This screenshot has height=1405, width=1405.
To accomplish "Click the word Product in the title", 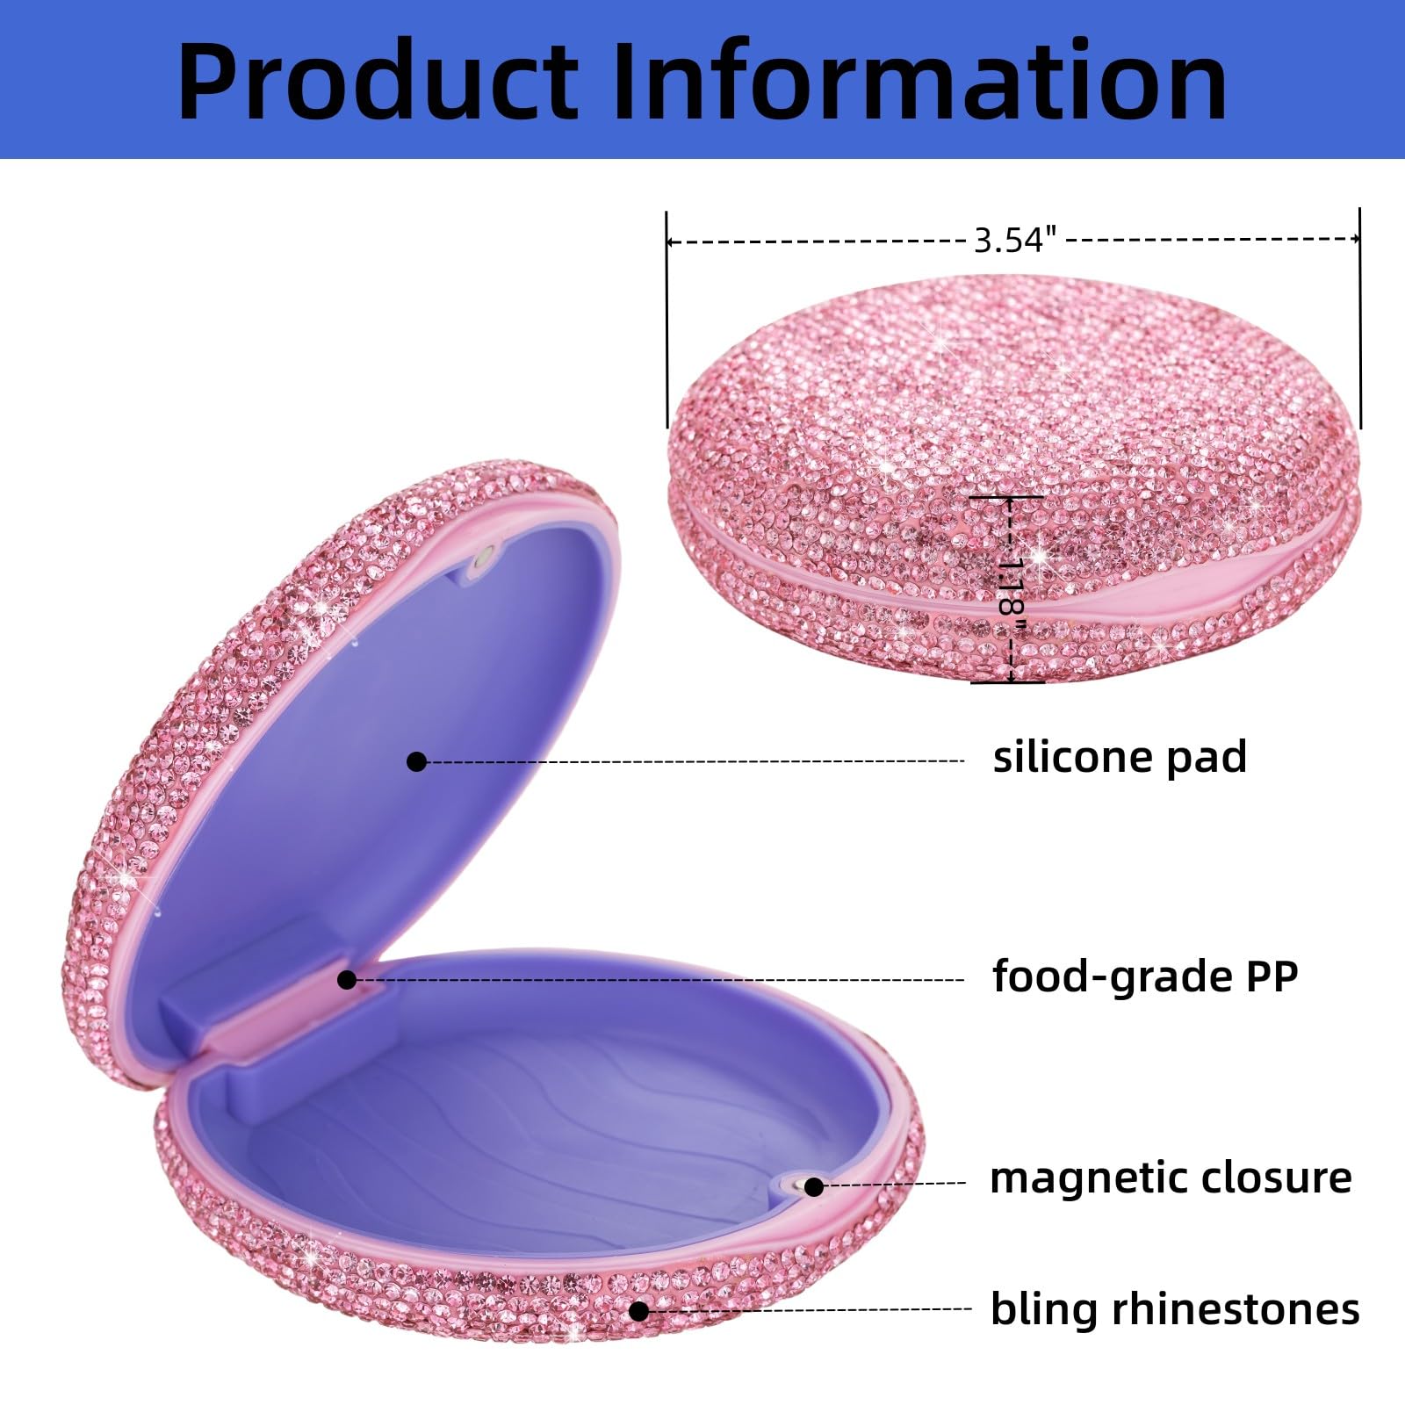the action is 378,81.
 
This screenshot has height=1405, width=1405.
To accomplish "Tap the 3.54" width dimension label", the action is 1015,240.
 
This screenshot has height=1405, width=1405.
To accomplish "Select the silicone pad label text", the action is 1120,757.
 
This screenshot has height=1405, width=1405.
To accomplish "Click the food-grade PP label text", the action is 1145,976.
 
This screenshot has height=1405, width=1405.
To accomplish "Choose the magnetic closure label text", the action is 1171,1178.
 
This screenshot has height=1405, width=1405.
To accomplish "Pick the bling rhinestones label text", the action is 1175,1309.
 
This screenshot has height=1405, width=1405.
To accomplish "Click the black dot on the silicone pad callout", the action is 417,761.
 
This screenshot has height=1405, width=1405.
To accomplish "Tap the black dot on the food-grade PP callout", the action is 348,979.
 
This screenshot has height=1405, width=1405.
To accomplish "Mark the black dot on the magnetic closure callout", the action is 814,1187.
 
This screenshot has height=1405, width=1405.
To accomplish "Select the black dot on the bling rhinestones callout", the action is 639,1311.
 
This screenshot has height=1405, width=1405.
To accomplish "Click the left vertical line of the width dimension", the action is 667,320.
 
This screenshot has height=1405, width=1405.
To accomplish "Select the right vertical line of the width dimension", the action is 1360,319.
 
